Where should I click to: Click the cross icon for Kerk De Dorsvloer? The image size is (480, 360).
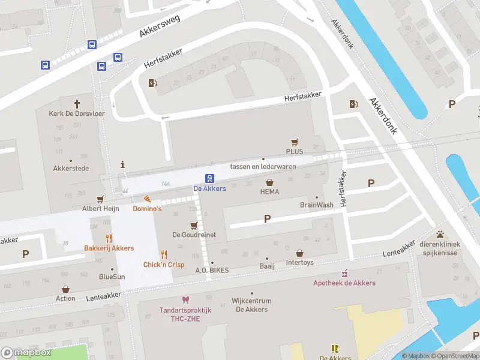pyautogui.click(x=77, y=103)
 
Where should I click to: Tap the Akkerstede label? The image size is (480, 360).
pyautogui.click(x=71, y=169)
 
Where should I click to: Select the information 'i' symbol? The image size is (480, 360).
pyautogui.click(x=123, y=164)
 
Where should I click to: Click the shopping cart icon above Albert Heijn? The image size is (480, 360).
pyautogui.click(x=101, y=199)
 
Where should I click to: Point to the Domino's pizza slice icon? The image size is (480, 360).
pyautogui.click(x=147, y=199)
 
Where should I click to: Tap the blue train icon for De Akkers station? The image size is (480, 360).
pyautogui.click(x=210, y=178)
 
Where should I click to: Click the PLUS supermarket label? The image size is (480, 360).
pyautogui.click(x=294, y=151)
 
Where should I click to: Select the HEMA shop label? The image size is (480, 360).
pyautogui.click(x=270, y=192)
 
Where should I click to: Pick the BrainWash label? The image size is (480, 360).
pyautogui.click(x=316, y=205)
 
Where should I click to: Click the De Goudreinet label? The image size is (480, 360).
pyautogui.click(x=193, y=235)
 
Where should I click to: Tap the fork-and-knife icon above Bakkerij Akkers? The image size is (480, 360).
pyautogui.click(x=109, y=238)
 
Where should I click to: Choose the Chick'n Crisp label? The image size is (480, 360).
pyautogui.click(x=163, y=265)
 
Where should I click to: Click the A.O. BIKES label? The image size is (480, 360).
pyautogui.click(x=212, y=271)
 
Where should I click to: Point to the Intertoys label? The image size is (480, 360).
pyautogui.click(x=299, y=262)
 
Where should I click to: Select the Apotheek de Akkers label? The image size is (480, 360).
pyautogui.click(x=344, y=283)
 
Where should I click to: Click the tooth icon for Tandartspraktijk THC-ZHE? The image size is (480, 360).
pyautogui.click(x=185, y=299)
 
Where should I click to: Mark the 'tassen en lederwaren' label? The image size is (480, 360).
pyautogui.click(x=263, y=166)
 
